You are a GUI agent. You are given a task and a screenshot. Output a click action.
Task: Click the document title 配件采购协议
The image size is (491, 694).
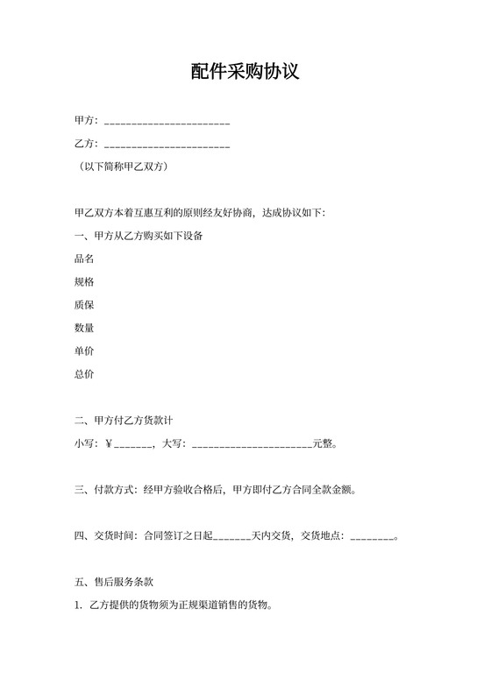pyautogui.click(x=245, y=72)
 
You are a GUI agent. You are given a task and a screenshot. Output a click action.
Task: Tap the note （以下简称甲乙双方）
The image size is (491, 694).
pyautogui.click(x=122, y=166)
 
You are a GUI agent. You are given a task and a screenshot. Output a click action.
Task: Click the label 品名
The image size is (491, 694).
pyautogui.click(x=85, y=258)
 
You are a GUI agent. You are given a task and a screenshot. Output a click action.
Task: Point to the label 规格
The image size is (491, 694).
pyautogui.click(x=85, y=282)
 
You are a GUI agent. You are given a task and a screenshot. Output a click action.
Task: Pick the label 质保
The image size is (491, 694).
pyautogui.click(x=85, y=305)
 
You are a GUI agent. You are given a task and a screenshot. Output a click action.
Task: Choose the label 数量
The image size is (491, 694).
pyautogui.click(x=85, y=328)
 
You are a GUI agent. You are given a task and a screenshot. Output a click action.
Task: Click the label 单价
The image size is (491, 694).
pyautogui.click(x=85, y=351)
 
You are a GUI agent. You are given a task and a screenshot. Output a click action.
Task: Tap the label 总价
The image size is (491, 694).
pyautogui.click(x=85, y=374)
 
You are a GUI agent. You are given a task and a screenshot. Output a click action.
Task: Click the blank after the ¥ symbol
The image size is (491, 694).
pyautogui.click(x=134, y=444)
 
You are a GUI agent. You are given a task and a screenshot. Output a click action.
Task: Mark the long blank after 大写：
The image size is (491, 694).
pyautogui.click(x=252, y=444)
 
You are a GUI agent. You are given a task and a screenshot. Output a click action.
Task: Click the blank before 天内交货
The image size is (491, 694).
pyautogui.click(x=232, y=536)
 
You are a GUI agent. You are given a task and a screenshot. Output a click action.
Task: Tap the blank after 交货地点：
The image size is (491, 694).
pyautogui.click(x=373, y=536)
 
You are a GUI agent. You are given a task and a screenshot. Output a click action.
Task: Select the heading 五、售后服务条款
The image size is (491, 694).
pyautogui.click(x=115, y=582)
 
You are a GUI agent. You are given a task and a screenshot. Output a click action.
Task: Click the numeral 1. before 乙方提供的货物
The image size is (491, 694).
pyautogui.click(x=79, y=605)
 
